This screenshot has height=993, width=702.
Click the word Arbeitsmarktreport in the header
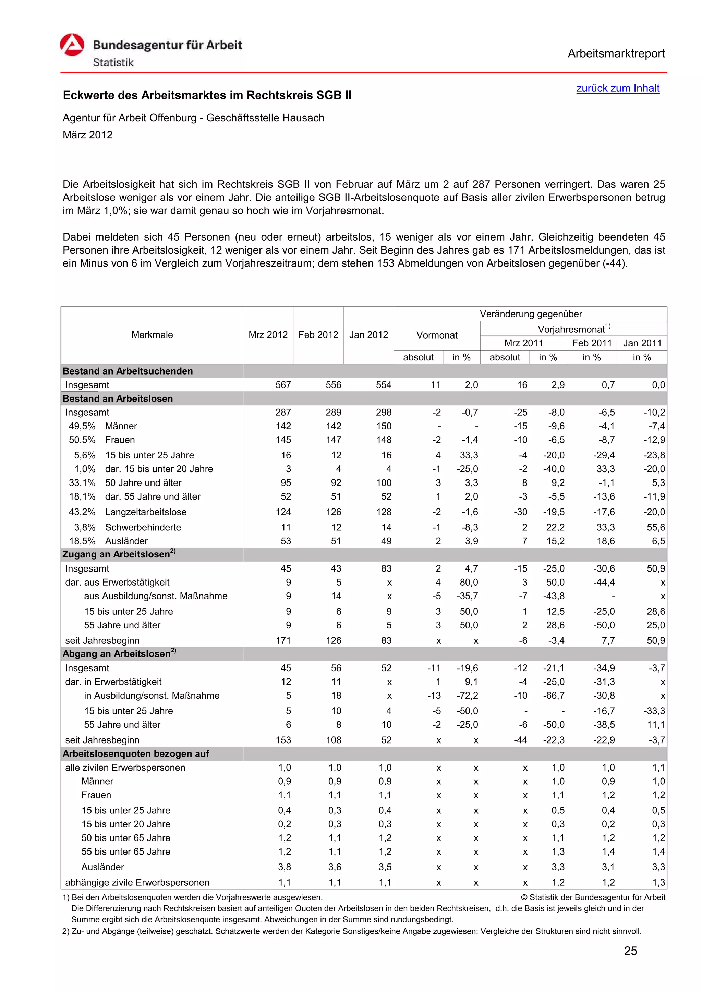(x=616, y=54)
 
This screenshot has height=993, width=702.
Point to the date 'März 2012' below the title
(x=87, y=135)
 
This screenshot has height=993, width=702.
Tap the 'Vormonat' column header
(x=436, y=335)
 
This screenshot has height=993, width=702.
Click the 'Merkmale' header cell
(x=152, y=335)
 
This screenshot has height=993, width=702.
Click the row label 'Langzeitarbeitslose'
(x=146, y=512)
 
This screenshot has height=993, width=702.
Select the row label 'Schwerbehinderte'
(x=143, y=527)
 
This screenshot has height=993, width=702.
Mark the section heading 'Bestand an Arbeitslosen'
(x=118, y=399)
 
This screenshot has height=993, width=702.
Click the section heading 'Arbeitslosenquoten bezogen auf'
(x=136, y=753)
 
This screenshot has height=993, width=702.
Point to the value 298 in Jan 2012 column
(x=383, y=413)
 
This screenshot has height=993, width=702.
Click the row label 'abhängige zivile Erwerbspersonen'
(x=137, y=882)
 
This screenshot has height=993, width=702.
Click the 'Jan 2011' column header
(x=642, y=343)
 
